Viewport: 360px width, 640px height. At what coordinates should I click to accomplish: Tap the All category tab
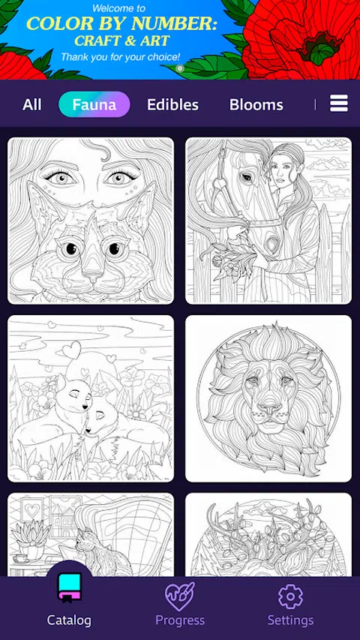31,105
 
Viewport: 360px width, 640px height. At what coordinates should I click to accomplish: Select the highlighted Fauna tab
94,105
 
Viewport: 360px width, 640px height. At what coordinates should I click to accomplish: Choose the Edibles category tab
172,105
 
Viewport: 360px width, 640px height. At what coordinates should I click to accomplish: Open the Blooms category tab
256,105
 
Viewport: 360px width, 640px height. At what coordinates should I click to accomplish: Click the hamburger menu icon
339,103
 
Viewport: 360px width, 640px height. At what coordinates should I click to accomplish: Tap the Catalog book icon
69,587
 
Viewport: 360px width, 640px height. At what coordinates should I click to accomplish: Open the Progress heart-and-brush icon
179,596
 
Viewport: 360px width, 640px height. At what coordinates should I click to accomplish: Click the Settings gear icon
290,596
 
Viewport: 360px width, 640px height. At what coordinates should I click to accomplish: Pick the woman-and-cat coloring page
91,221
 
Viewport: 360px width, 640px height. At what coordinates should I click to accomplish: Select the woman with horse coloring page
268,221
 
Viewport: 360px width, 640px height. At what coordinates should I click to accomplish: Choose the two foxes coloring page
91,398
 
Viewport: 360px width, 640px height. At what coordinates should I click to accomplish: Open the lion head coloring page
268,398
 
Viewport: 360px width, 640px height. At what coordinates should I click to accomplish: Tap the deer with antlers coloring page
268,535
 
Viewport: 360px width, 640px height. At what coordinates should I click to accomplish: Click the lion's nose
268,407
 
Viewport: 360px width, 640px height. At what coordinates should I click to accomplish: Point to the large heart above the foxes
71,350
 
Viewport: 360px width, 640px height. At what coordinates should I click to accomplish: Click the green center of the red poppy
323,52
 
